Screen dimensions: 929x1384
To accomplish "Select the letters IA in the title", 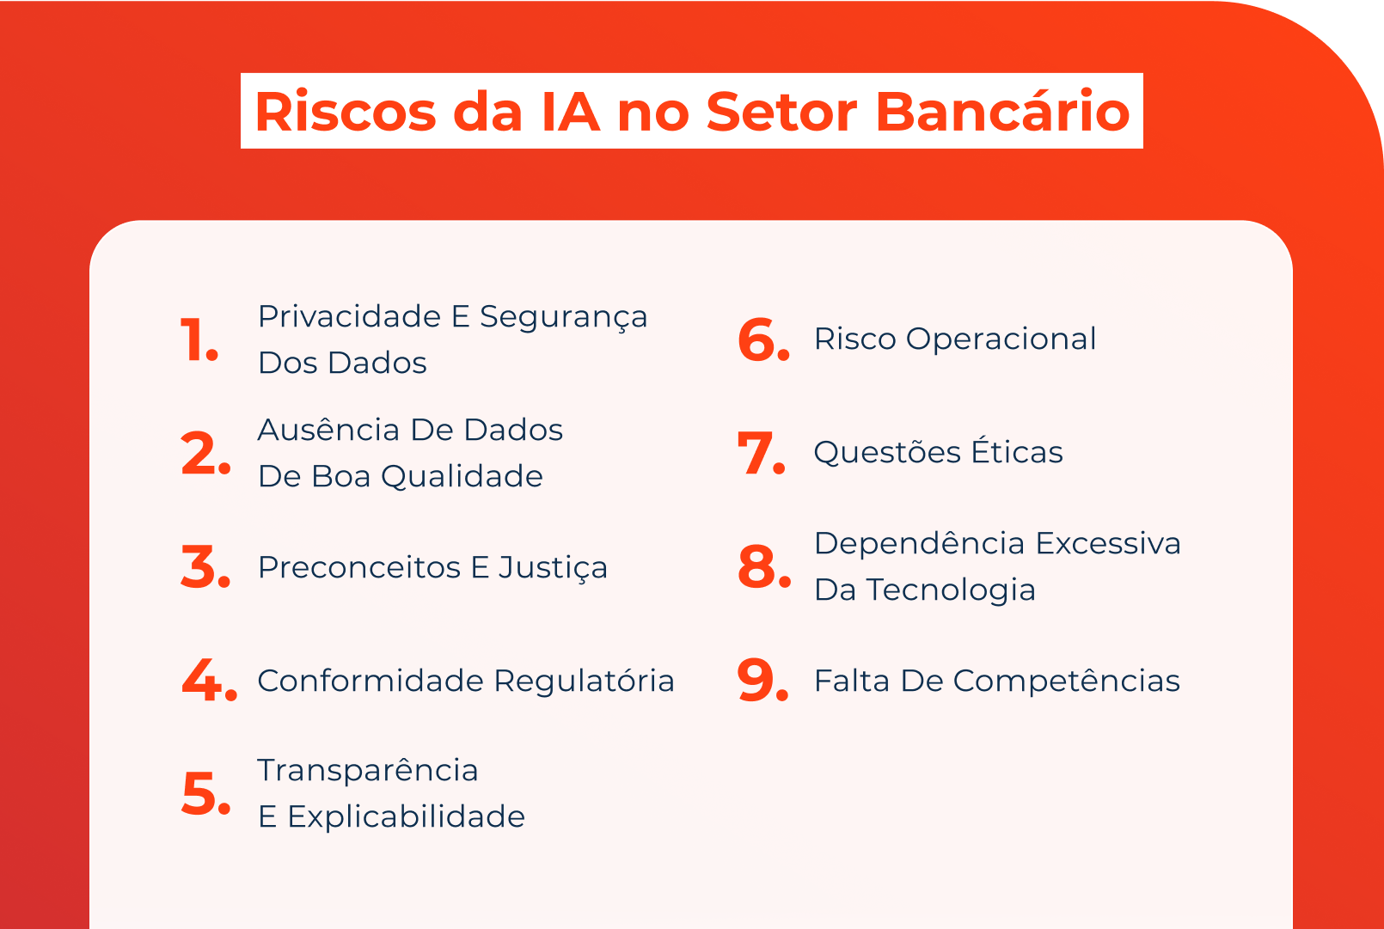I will tap(570, 112).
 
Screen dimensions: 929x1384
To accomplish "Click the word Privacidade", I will tap(350, 316).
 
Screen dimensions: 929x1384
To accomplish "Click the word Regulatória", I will tap(585, 681).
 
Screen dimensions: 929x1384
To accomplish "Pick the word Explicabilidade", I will tap(406, 816).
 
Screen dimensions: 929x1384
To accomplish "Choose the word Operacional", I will tap(1001, 339).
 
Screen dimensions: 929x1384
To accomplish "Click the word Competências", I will tap(1066, 681).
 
